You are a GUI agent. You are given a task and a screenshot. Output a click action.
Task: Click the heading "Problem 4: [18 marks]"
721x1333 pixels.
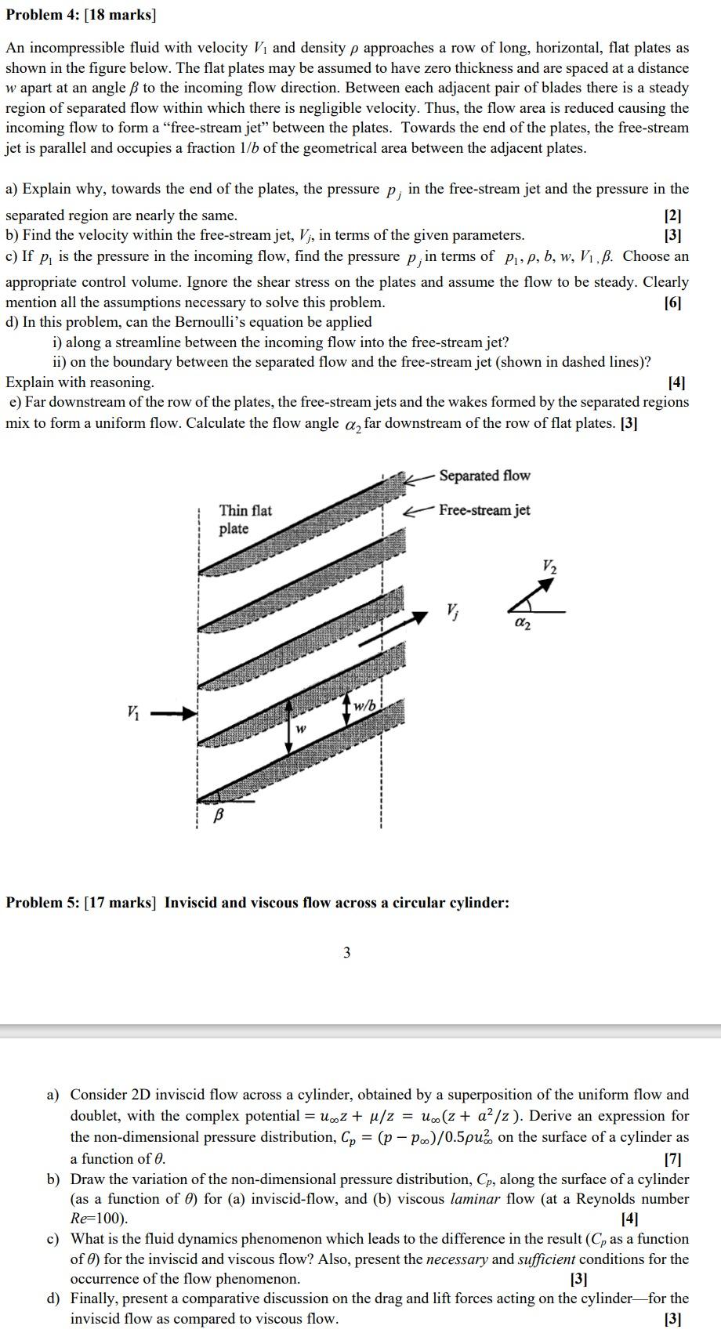82,16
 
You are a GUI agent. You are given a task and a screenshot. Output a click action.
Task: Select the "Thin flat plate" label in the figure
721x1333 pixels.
245,520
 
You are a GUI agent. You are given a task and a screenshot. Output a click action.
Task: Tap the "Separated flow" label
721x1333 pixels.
484,476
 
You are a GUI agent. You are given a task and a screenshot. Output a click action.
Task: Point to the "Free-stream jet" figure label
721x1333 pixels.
484,510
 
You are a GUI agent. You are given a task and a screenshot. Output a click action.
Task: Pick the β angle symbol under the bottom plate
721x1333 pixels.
219,816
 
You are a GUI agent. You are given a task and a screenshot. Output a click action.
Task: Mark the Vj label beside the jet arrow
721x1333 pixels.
452,610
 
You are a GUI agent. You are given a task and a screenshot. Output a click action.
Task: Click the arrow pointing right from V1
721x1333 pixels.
173,713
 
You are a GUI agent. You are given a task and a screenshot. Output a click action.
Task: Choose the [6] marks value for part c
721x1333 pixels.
672,302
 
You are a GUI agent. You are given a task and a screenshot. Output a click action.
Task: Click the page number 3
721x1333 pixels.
347,953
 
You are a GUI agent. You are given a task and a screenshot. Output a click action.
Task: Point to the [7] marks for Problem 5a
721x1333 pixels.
672,1158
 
